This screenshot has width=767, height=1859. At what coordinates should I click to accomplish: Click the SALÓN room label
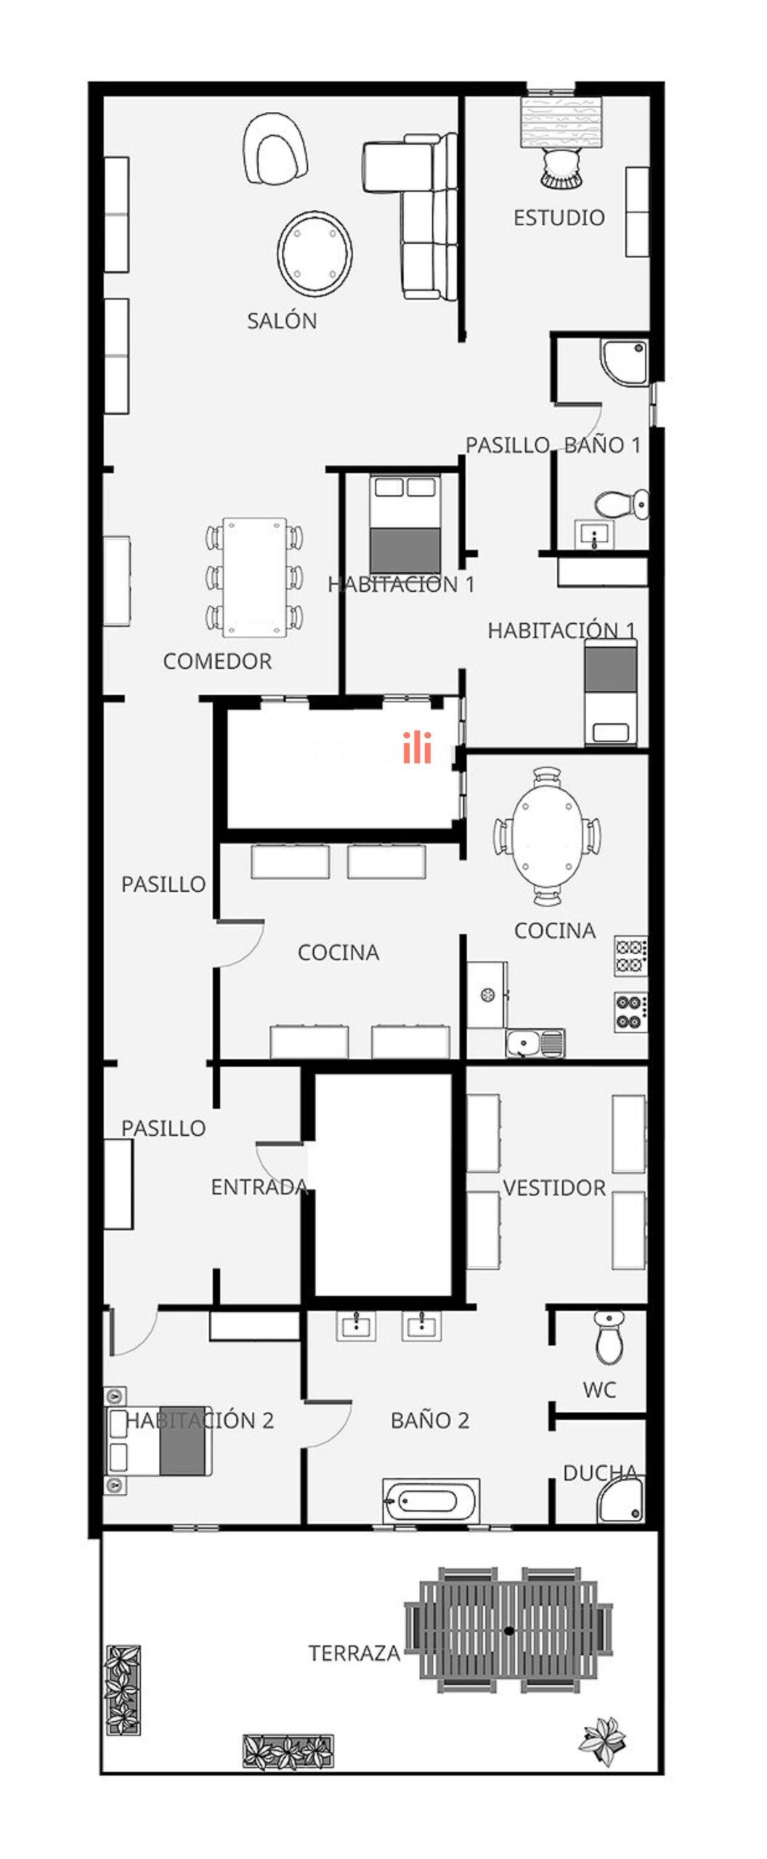coord(282,320)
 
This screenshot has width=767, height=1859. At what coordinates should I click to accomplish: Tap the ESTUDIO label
coord(559,217)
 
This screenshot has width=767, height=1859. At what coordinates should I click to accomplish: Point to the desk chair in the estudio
coord(561,168)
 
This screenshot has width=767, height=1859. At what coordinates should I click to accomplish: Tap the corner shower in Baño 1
coord(624,362)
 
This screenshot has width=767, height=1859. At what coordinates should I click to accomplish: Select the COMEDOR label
coord(217,661)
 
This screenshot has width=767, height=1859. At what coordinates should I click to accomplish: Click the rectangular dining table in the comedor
coord(254,577)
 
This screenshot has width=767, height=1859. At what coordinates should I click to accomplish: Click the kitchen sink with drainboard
coord(535,1044)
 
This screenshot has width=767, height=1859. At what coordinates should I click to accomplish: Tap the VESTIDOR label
coord(554,1188)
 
